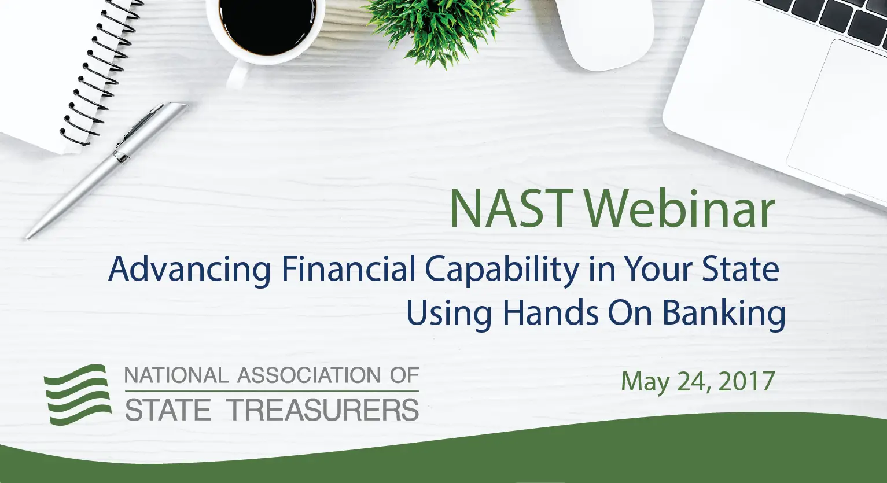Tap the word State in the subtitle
[740, 269]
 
